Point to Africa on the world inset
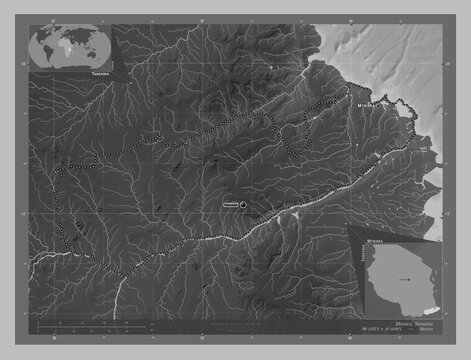click(x=65, y=44)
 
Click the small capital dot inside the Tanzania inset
click(x=410, y=281)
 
